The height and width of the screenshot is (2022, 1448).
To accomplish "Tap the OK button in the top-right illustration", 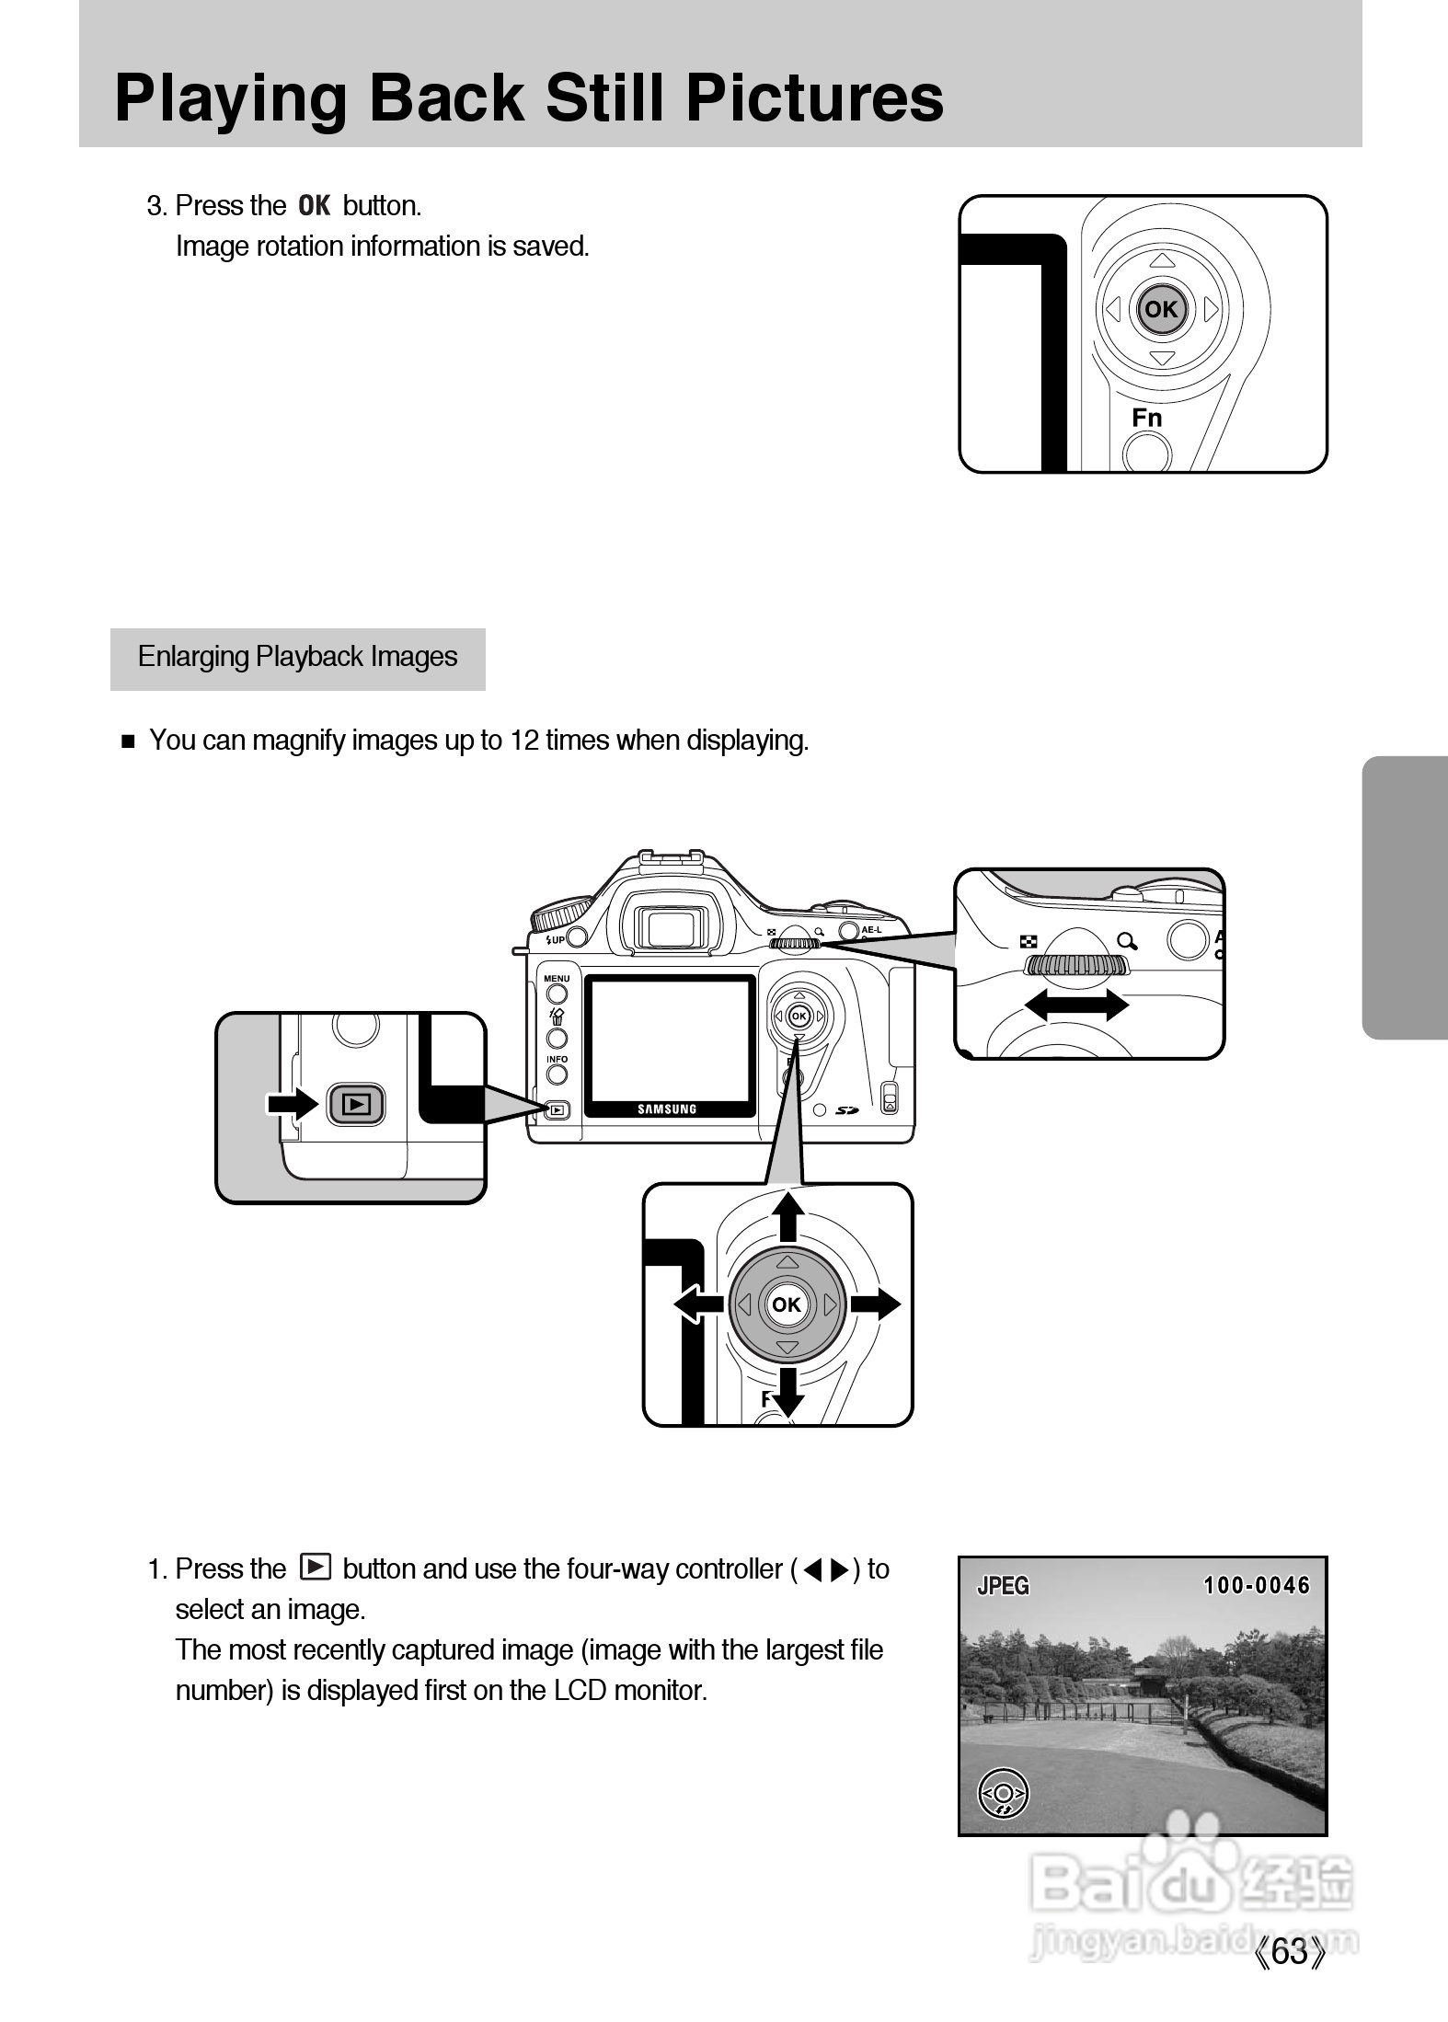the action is tap(1161, 309).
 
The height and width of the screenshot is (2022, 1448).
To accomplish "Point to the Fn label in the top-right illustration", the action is tap(1147, 418).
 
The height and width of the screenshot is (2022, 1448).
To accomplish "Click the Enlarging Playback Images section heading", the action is tap(297, 657).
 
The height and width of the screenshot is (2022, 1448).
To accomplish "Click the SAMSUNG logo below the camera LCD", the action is tap(668, 1109).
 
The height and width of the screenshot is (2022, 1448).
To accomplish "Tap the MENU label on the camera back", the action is tap(557, 978).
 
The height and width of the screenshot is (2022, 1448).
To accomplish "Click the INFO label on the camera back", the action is tap(557, 1059).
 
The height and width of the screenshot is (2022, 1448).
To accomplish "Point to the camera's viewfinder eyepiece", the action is tap(668, 925).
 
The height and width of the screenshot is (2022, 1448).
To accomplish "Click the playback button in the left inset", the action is tap(356, 1104).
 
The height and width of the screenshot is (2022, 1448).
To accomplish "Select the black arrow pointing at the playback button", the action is tap(293, 1104).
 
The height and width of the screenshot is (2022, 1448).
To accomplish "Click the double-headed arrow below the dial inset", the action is tap(1076, 1004).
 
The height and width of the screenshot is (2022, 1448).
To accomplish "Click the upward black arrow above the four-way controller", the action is tap(787, 1216).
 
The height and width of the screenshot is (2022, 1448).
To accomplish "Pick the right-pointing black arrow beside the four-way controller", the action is tap(875, 1304).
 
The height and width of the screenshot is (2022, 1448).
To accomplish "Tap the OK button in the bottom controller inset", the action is tap(786, 1304).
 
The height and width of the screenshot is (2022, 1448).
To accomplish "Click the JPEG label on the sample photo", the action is tap(1003, 1586).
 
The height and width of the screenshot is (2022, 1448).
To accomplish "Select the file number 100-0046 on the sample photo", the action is tap(1257, 1586).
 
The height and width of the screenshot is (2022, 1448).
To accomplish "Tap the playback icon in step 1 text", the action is tap(316, 1566).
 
